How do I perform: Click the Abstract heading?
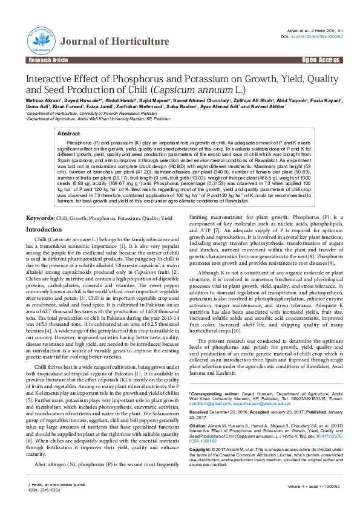[x=68, y=134]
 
